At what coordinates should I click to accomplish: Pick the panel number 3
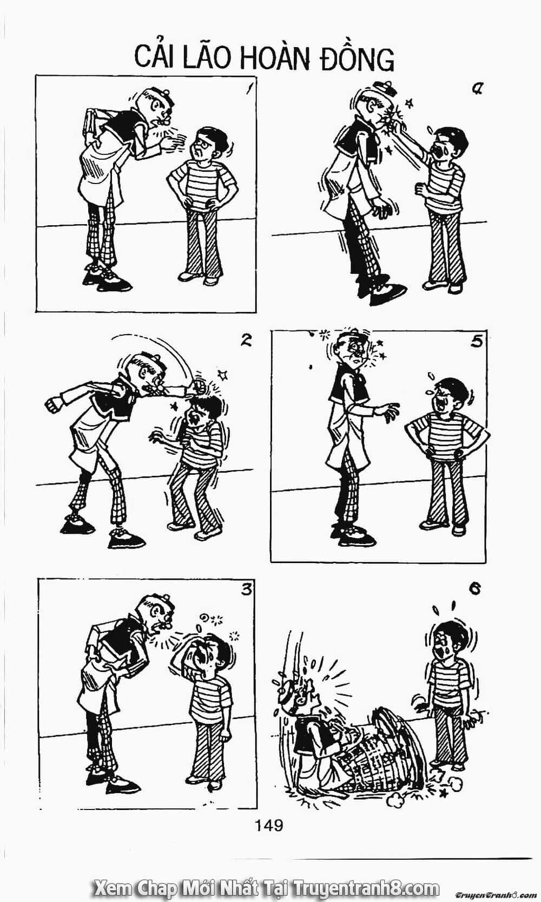(246, 590)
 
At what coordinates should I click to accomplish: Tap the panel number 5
(476, 342)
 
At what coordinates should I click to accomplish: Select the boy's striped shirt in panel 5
(447, 437)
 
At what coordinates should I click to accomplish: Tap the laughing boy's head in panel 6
(448, 642)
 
